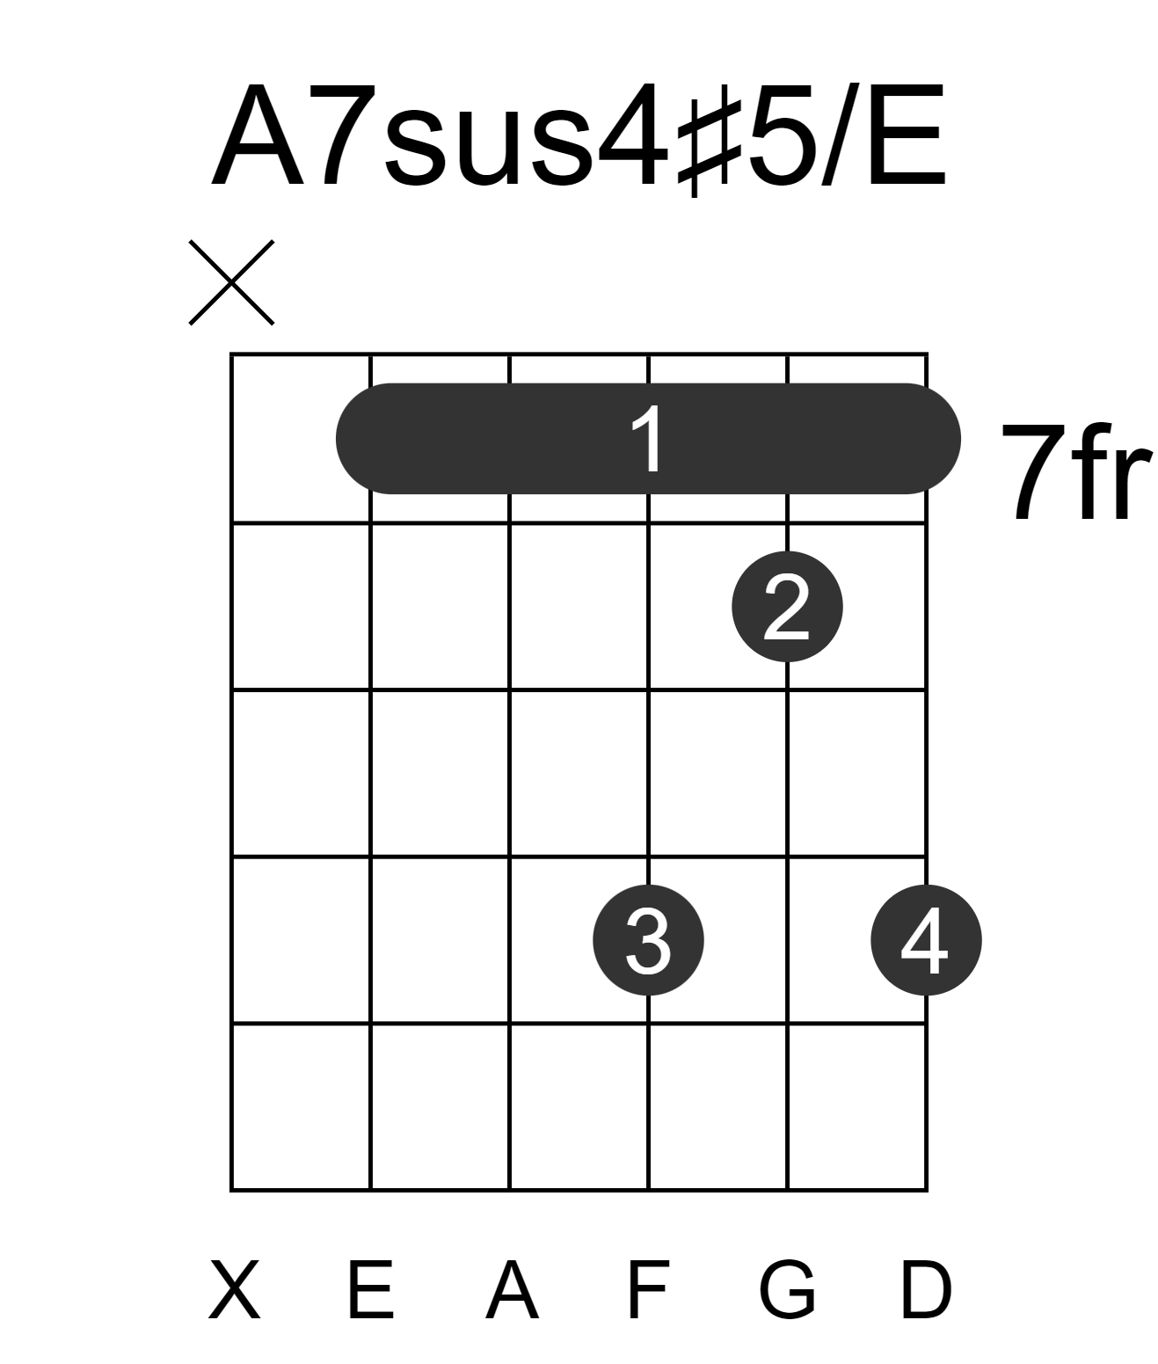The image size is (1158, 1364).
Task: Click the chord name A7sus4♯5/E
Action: click(x=579, y=136)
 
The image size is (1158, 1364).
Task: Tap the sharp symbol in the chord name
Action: click(x=710, y=140)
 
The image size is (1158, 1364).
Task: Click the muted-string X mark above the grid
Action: click(x=231, y=282)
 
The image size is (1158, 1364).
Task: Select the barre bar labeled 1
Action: click(x=648, y=439)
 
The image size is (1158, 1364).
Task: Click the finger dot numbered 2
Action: click(x=787, y=607)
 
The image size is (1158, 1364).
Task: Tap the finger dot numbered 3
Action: click(x=649, y=940)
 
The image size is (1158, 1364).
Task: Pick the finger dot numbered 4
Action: click(x=927, y=940)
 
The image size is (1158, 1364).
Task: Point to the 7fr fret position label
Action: click(x=1076, y=471)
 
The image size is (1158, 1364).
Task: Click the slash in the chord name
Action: click(x=841, y=135)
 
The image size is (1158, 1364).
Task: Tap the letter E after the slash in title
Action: click(x=908, y=135)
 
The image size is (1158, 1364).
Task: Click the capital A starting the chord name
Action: click(x=257, y=135)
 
